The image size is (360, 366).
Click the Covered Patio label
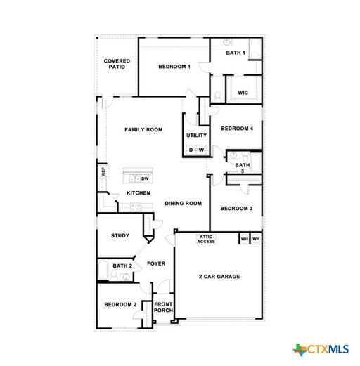point(117,64)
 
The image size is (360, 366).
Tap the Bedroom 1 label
point(174,67)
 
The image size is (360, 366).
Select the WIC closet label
point(243,93)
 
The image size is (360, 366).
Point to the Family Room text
point(143,129)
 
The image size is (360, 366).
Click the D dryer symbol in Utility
point(191,150)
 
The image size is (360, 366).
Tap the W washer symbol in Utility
point(201,150)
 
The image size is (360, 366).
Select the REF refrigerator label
point(103,171)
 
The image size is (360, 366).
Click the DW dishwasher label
point(145,178)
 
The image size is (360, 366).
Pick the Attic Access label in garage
point(206,239)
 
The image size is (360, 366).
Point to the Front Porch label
point(163,307)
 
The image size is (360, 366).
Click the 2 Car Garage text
point(219,277)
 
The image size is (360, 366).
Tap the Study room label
point(120,235)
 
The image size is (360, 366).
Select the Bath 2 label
point(122,266)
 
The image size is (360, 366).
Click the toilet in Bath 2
point(114,275)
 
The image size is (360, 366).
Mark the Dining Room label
point(184,203)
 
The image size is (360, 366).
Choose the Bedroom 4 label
point(237,129)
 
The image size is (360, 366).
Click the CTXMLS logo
point(321,350)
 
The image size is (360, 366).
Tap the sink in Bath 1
point(226,43)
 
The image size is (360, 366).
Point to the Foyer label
point(156,263)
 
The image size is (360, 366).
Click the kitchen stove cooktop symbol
point(136,207)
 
